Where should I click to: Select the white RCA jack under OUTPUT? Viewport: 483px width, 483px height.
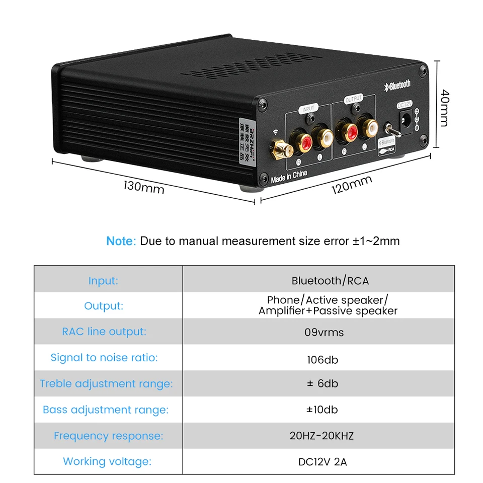click(370, 128)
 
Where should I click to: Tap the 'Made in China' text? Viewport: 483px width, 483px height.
click(289, 177)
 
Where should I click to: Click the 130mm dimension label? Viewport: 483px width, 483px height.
click(143, 187)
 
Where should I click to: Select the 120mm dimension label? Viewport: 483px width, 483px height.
click(351, 186)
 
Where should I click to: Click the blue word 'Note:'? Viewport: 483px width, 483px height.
click(121, 241)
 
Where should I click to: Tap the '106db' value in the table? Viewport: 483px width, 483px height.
click(322, 360)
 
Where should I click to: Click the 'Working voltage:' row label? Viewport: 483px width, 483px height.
click(107, 461)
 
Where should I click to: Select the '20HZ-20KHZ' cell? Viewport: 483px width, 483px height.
click(322, 436)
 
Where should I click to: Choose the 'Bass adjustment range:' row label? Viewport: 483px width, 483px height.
click(106, 410)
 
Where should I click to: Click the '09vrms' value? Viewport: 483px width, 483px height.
click(322, 332)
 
